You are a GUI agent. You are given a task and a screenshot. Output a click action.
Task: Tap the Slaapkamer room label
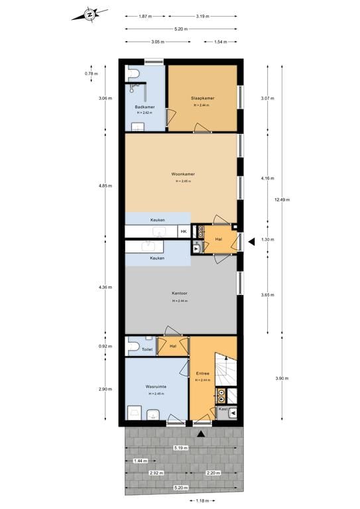[202, 98]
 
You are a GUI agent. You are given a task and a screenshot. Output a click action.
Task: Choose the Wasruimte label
[156, 386]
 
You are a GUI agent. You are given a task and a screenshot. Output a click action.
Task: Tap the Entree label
[202, 373]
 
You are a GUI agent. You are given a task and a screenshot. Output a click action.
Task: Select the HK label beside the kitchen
[184, 231]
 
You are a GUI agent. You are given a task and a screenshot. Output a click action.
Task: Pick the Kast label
[223, 410]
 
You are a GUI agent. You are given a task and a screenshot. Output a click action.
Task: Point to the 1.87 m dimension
[147, 16]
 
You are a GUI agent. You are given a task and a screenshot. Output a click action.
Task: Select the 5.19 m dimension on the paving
[180, 448]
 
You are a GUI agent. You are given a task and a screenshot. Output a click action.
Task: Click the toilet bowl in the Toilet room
[133, 346]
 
